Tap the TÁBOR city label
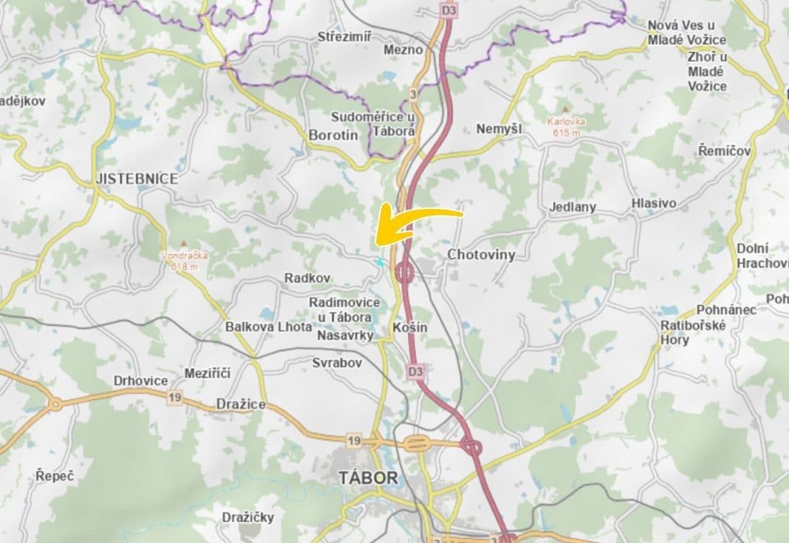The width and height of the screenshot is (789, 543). [x=367, y=478]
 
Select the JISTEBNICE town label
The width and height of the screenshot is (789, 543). [x=137, y=179]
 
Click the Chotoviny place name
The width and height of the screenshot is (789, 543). [x=481, y=255]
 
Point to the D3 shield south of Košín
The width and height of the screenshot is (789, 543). [x=416, y=371]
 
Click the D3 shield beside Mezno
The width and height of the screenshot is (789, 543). [x=448, y=11]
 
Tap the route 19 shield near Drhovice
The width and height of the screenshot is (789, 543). [x=175, y=397]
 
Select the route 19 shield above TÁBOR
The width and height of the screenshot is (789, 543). [x=353, y=441]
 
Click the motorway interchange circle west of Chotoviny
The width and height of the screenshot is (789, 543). [x=405, y=274]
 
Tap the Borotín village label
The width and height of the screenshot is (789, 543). [x=333, y=135]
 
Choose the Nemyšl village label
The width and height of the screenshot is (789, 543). [x=499, y=129]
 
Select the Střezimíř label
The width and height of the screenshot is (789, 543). [x=344, y=37]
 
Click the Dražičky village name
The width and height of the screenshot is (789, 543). [x=248, y=517]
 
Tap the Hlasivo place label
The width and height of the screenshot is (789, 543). [x=653, y=204]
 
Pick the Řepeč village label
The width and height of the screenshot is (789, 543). [x=55, y=476]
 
